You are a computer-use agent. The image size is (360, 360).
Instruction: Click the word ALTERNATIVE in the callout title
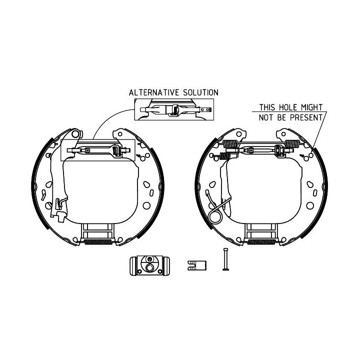154,92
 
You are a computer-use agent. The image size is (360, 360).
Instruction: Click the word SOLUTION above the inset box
200,92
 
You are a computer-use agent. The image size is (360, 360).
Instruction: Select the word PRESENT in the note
306,117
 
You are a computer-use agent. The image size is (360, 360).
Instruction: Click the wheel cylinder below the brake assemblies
149,265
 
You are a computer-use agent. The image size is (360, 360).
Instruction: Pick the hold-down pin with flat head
225,259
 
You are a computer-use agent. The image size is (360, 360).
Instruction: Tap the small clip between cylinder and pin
197,265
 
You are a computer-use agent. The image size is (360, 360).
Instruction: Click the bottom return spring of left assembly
98,242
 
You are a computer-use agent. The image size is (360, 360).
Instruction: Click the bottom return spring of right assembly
261,242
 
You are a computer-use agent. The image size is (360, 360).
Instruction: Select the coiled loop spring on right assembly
215,216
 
